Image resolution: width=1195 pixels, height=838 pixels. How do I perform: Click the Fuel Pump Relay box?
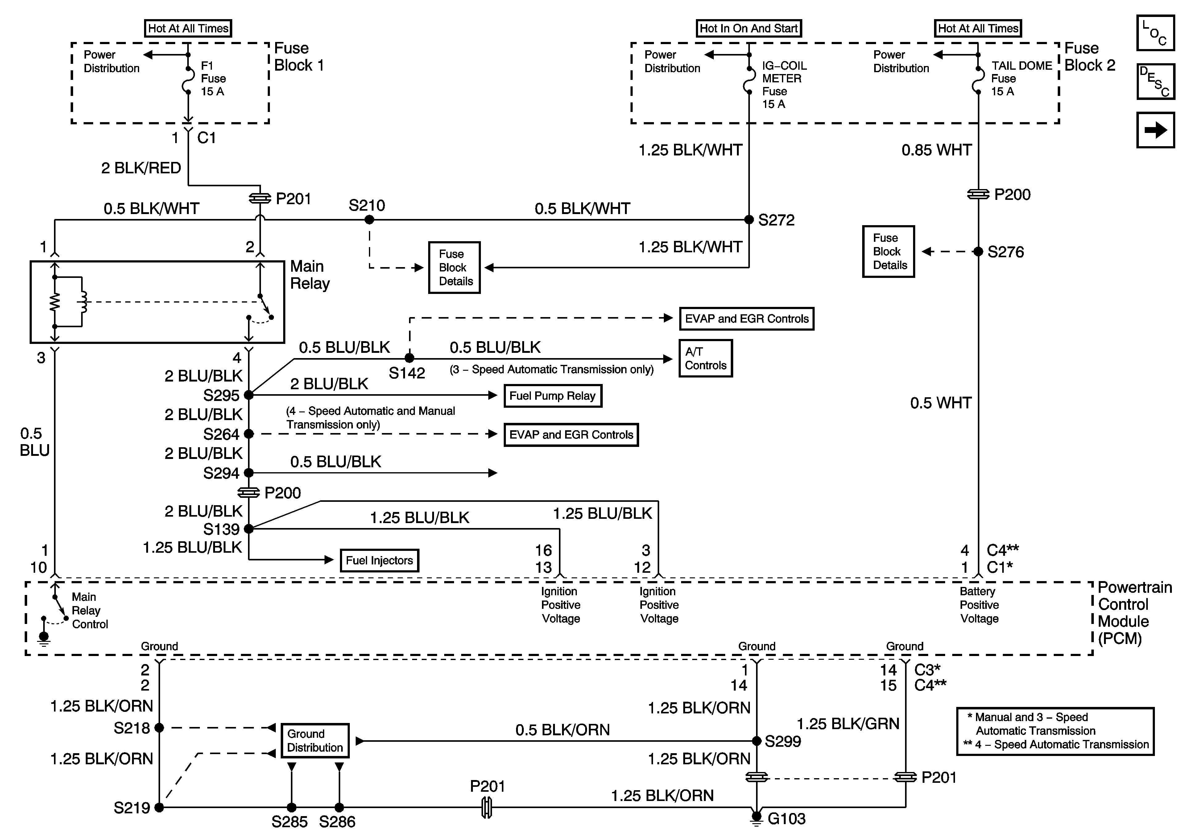click(x=552, y=396)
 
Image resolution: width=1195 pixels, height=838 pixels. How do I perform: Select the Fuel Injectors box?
click(x=379, y=561)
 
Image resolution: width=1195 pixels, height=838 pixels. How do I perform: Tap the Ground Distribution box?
click(x=315, y=741)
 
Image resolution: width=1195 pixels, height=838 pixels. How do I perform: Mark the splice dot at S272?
click(x=749, y=220)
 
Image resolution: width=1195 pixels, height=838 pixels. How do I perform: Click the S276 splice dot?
click(x=978, y=252)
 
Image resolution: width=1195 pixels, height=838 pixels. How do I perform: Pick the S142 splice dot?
click(x=410, y=358)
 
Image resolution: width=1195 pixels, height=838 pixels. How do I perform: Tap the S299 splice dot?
click(x=757, y=741)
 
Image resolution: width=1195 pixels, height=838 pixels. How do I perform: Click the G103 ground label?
click(x=786, y=819)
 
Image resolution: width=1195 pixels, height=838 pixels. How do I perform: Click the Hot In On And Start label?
click(x=748, y=29)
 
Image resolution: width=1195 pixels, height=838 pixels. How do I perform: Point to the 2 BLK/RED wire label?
click(x=141, y=168)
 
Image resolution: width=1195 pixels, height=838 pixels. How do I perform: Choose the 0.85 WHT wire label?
click(x=936, y=151)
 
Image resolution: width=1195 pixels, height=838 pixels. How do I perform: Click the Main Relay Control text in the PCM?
click(x=89, y=611)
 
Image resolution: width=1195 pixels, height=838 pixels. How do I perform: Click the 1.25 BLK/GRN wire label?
click(x=848, y=724)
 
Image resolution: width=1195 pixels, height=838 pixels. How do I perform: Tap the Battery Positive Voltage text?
click(x=979, y=605)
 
